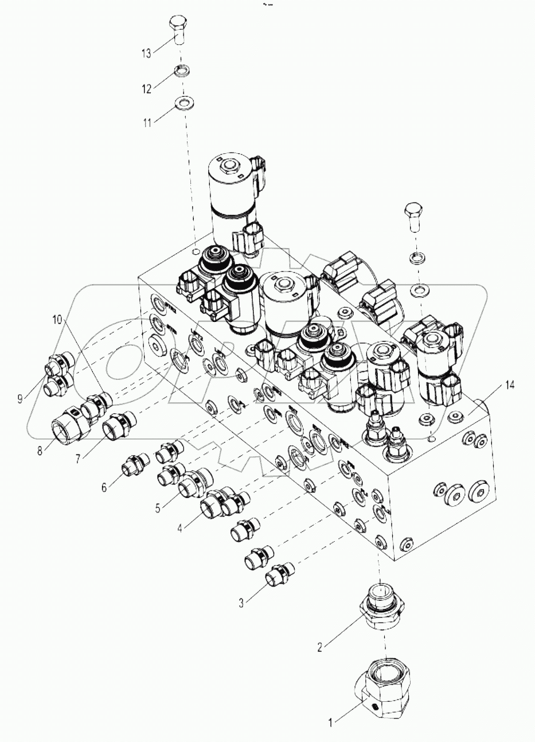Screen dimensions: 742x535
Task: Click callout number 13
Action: tap(146, 53)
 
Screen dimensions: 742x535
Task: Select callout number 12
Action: tap(147, 89)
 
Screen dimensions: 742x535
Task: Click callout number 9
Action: tap(20, 399)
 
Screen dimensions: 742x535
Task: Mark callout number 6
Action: tap(104, 487)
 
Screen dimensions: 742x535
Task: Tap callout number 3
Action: tap(241, 603)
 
